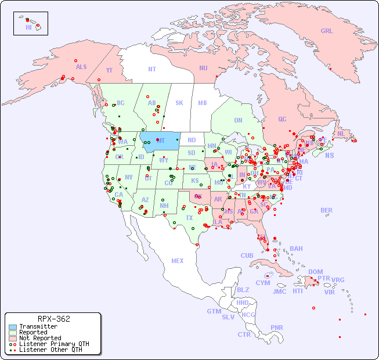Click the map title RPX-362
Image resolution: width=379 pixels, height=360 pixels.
coord(53,319)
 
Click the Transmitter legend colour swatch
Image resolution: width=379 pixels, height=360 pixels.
coord(12,327)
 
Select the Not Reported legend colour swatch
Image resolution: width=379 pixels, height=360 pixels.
coord(12,338)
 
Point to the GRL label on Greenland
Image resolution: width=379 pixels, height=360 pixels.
coord(327,31)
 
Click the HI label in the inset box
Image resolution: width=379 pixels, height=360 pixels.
coord(28,27)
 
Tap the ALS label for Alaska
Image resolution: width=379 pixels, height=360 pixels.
coord(81,67)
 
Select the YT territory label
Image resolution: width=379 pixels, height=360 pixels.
coord(109,71)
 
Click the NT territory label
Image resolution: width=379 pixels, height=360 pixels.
coord(151,69)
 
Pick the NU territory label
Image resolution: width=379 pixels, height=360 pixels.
coord(203,68)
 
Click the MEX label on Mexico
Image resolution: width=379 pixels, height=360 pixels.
coord(178,261)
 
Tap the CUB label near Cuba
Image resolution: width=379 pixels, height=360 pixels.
coord(247,255)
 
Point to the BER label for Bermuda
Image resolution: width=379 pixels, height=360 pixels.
coord(326,210)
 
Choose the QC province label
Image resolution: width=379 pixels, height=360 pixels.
coord(282,120)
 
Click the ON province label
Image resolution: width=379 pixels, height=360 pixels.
coord(238,121)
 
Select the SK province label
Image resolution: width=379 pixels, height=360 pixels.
coord(179,103)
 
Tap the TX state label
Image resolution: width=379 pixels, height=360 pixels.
coord(189,218)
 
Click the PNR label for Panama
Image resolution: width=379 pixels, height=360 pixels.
coord(277,327)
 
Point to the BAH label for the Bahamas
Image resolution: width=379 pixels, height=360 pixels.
coord(296,249)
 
